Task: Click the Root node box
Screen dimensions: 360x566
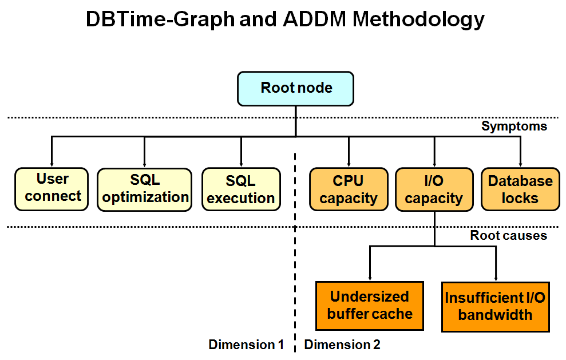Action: (295, 89)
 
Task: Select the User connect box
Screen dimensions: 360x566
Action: (52, 189)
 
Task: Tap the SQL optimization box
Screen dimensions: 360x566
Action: (144, 189)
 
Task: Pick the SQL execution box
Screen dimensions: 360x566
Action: (241, 189)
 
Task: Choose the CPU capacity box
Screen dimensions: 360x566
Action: (348, 189)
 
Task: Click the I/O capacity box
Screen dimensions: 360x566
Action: (434, 189)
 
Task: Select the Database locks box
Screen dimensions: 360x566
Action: (520, 189)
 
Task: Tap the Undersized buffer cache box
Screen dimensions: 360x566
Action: (370, 306)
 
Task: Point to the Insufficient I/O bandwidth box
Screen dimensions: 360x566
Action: (496, 306)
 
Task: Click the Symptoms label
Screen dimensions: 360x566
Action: (514, 126)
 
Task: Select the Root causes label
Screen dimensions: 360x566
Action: (508, 235)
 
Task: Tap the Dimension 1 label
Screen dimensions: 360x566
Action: (246, 345)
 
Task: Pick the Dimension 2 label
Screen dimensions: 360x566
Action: (342, 345)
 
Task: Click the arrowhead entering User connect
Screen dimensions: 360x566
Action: (52, 164)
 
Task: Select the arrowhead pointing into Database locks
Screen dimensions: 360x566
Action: (520, 164)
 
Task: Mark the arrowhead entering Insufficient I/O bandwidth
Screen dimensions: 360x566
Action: (496, 278)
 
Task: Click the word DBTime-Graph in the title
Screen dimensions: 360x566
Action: (160, 19)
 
